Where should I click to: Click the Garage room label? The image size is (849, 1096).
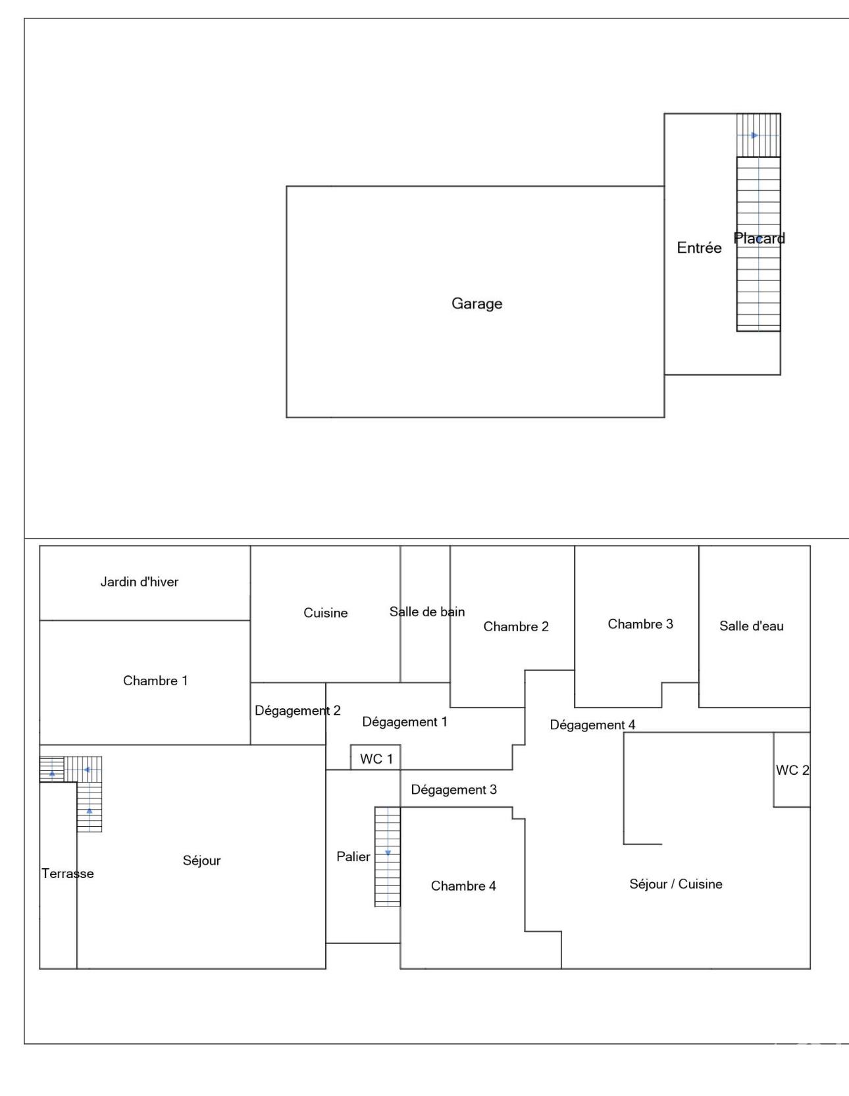pos(476,303)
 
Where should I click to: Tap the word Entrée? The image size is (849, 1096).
pos(699,248)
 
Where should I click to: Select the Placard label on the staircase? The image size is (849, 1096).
pos(759,238)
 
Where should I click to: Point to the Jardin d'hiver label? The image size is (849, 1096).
pos(140,581)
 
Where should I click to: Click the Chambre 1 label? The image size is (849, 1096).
pos(155,681)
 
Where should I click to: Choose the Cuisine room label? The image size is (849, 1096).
pos(325,613)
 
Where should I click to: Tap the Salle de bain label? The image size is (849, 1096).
pos(427,612)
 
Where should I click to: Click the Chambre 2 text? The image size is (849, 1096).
pos(516,627)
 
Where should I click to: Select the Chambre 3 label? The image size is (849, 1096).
pos(640,624)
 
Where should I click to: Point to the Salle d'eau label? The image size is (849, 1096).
pos(752,626)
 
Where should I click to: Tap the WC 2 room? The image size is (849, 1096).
pos(792,770)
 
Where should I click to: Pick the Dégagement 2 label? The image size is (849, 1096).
pos(297,710)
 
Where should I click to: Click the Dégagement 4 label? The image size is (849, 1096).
pos(592,725)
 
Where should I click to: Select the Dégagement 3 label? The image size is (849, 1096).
pos(453,789)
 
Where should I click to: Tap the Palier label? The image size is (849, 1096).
pos(353,856)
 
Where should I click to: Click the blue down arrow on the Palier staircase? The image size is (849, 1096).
pos(388,853)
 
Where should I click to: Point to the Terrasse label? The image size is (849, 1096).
pos(68,874)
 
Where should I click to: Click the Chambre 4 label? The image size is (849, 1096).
pos(463,886)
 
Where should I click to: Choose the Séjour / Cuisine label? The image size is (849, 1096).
pos(676,884)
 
